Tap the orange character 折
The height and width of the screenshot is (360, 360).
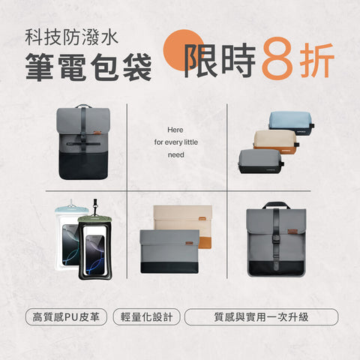pyautogui.click(x=317, y=60)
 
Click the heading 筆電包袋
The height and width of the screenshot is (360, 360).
pyautogui.click(x=88, y=67)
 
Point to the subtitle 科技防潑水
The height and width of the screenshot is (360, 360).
pyautogui.click(x=71, y=37)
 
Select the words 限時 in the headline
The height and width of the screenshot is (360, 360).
pyautogui.click(x=220, y=60)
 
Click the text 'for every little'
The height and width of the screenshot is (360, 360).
pyautogui.click(x=176, y=142)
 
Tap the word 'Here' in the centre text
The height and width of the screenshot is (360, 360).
pyautogui.click(x=175, y=130)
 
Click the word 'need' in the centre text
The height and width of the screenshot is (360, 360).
pyautogui.click(x=176, y=154)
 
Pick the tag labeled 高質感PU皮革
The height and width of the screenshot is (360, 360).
pyautogui.click(x=66, y=316)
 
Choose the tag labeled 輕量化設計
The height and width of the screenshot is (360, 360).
pyautogui.click(x=147, y=316)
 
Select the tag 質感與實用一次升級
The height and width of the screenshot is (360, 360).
pyautogui.click(x=261, y=316)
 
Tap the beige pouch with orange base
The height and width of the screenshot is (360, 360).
pyautogui.click(x=276, y=141)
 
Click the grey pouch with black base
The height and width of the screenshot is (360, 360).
pyautogui.click(x=260, y=161)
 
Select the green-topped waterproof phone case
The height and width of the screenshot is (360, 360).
pyautogui.click(x=95, y=247)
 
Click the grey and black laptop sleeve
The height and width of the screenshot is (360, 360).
pyautogui.click(x=170, y=251)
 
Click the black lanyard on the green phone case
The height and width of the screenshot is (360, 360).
pyautogui.click(x=95, y=208)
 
